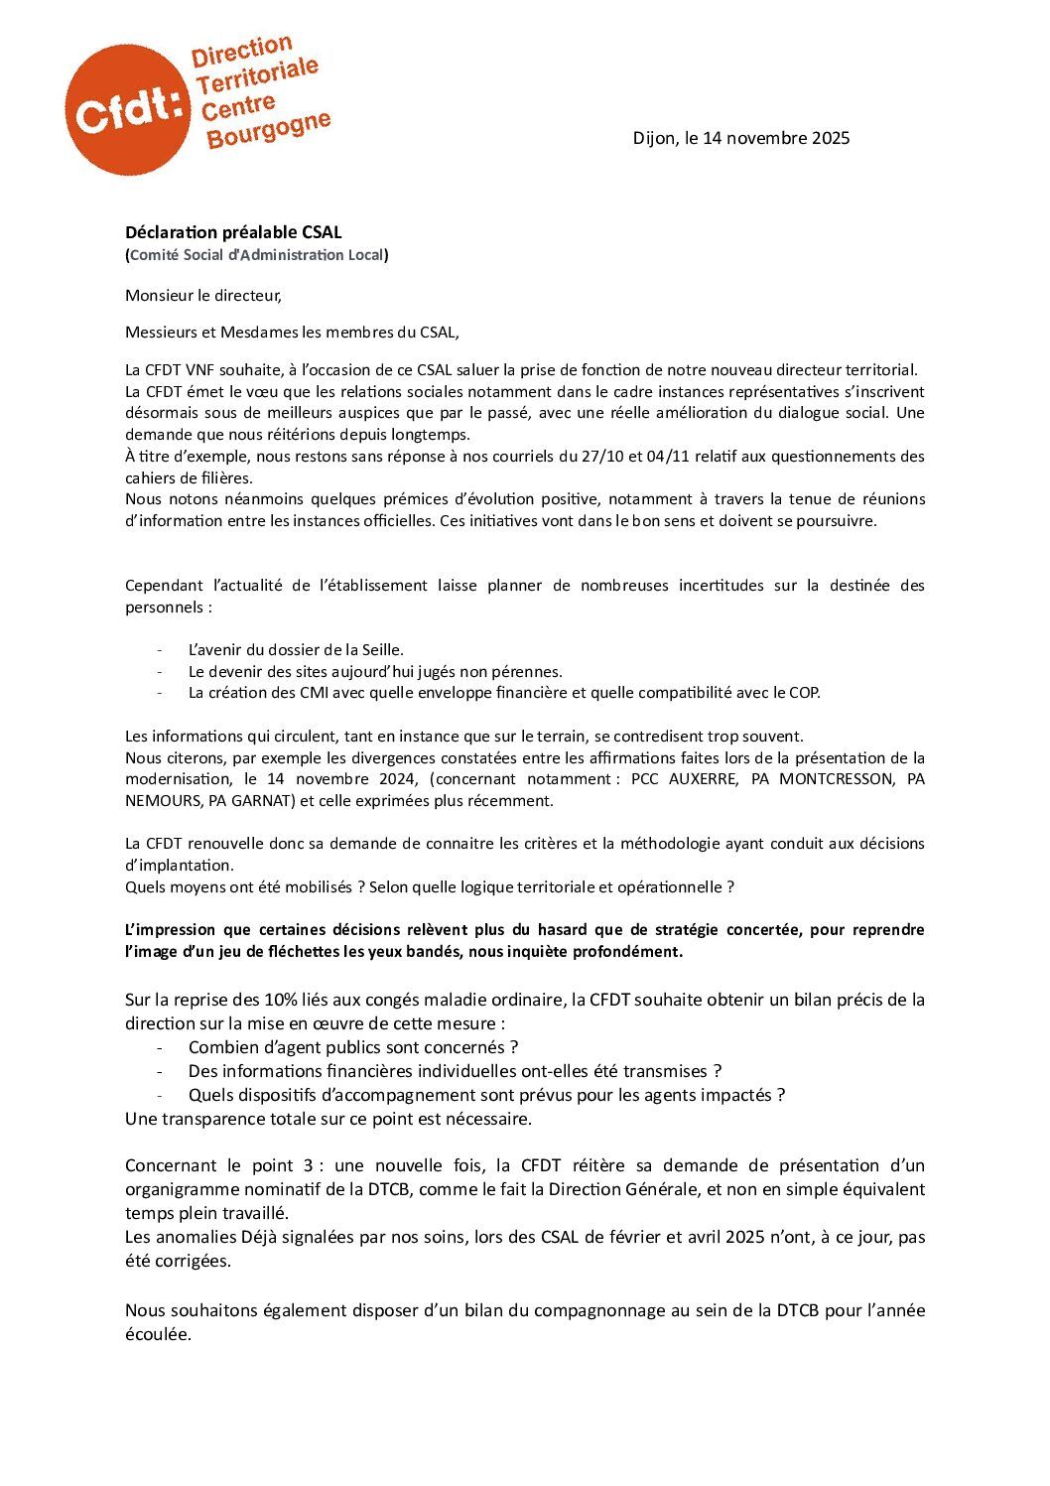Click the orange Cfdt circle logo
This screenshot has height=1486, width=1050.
[126, 110]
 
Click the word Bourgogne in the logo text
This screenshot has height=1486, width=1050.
[268, 129]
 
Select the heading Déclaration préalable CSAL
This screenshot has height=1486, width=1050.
[233, 232]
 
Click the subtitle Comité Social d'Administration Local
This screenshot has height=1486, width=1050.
[257, 255]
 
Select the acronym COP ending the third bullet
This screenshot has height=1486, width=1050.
[804, 693]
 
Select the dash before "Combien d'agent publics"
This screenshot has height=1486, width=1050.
[160, 1047]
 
